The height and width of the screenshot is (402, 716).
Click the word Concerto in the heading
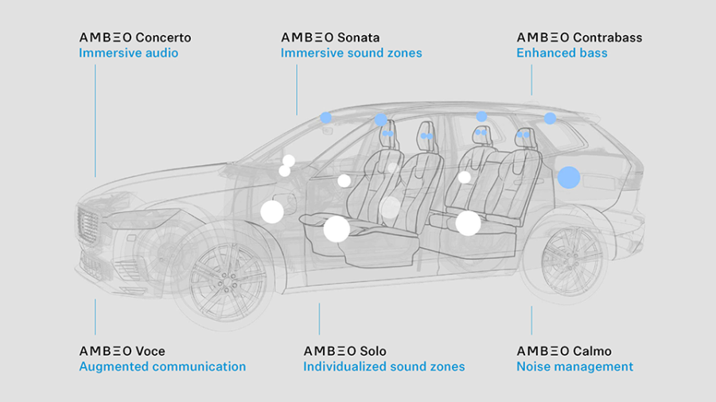tap(163, 37)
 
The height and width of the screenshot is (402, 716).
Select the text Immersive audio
tap(128, 53)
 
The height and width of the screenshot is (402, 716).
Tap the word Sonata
tap(358, 37)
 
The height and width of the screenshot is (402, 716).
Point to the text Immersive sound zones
tap(351, 53)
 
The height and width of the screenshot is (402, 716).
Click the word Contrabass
tap(607, 37)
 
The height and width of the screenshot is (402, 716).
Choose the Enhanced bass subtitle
tap(562, 53)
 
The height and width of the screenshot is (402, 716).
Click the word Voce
tap(150, 351)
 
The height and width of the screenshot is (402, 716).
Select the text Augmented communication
tap(162, 367)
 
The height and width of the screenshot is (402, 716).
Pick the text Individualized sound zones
tap(383, 367)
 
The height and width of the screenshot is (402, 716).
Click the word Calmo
tap(591, 351)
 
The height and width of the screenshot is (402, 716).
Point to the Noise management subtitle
tap(574, 367)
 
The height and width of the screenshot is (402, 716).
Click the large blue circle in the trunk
tap(568, 177)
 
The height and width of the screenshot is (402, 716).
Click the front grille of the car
tap(88, 227)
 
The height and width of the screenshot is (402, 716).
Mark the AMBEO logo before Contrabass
tap(543, 37)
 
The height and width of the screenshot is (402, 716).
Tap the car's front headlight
tap(131, 218)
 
